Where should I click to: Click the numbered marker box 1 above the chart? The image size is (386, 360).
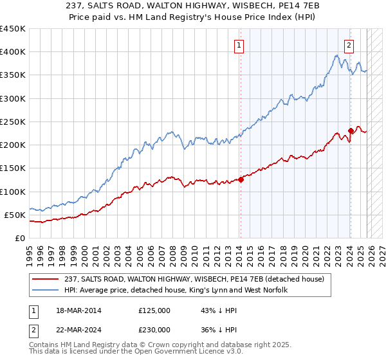[x=239, y=45]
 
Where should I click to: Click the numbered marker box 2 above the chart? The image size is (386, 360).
[x=349, y=45]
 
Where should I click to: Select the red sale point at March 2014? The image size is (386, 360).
[x=241, y=180]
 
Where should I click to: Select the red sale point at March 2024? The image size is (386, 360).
[x=351, y=131]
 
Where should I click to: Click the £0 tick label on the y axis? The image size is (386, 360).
[x=19, y=238]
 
